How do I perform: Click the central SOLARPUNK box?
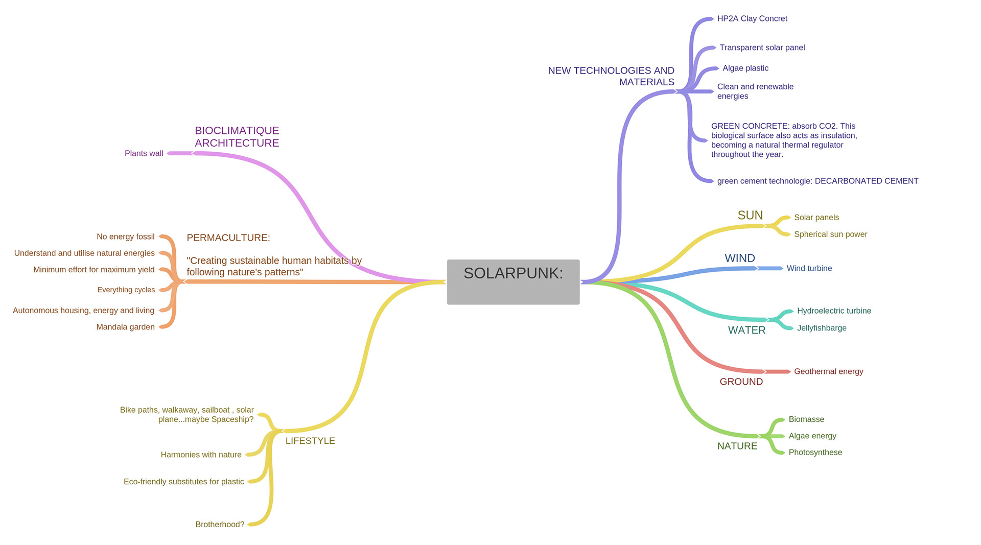click(x=513, y=281)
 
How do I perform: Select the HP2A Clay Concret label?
click(x=752, y=19)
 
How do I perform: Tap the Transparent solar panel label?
click(x=762, y=48)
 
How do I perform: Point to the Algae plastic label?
click(x=745, y=68)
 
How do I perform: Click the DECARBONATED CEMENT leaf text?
click(x=818, y=181)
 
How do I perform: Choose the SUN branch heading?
click(x=750, y=215)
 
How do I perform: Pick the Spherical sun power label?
click(x=830, y=234)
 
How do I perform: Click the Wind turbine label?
click(x=809, y=268)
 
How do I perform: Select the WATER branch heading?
click(x=746, y=330)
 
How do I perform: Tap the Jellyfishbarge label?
click(x=821, y=328)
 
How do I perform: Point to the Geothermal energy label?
click(x=828, y=371)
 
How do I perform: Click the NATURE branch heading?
click(x=737, y=446)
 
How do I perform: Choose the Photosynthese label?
click(x=815, y=452)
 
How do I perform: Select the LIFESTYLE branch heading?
click(x=310, y=441)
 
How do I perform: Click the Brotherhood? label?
click(x=220, y=525)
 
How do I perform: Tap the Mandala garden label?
click(x=125, y=327)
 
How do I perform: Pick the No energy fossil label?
click(x=125, y=236)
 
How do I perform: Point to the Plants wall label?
click(x=144, y=153)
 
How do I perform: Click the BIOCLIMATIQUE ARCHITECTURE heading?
click(x=237, y=137)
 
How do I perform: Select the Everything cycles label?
click(x=126, y=290)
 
